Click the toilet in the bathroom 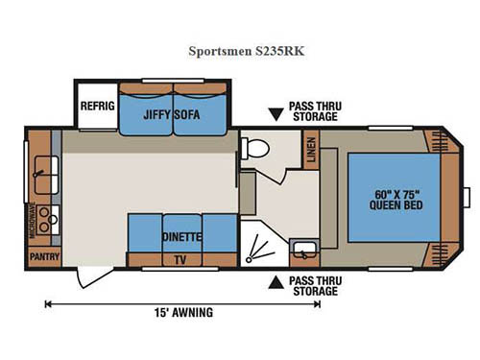[x=256, y=148]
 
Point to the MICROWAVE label [x=33, y=220]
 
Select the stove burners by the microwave [x=44, y=221]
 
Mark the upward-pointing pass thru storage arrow [x=275, y=282]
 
